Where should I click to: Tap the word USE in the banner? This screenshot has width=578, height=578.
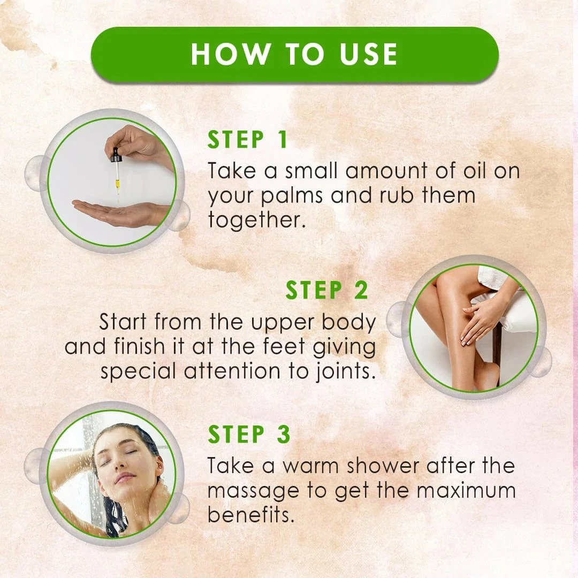coord(368,54)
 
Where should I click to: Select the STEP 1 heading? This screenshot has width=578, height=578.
coord(247,140)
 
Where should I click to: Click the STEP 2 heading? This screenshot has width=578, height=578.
coord(326,290)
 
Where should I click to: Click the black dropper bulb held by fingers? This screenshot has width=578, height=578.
coord(116,155)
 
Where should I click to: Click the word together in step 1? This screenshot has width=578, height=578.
coord(256,220)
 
